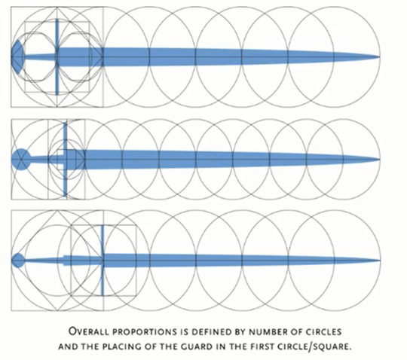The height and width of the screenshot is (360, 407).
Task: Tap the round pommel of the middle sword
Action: tap(21, 159)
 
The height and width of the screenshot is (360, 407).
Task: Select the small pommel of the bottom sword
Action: tap(18, 261)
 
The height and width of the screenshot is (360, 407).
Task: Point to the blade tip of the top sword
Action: tap(380, 56)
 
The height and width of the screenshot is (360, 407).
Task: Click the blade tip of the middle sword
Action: tap(379, 159)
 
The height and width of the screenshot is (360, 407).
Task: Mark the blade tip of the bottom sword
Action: tap(380, 261)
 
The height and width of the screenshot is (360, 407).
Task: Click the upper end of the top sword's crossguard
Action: tap(57, 19)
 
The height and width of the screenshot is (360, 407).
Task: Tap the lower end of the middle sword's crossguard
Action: tap(65, 196)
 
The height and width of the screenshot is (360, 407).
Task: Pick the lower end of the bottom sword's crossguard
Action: tap(103, 294)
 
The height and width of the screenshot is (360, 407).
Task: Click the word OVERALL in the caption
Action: tap(89, 331)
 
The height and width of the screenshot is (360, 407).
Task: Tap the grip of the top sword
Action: tap(40, 56)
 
